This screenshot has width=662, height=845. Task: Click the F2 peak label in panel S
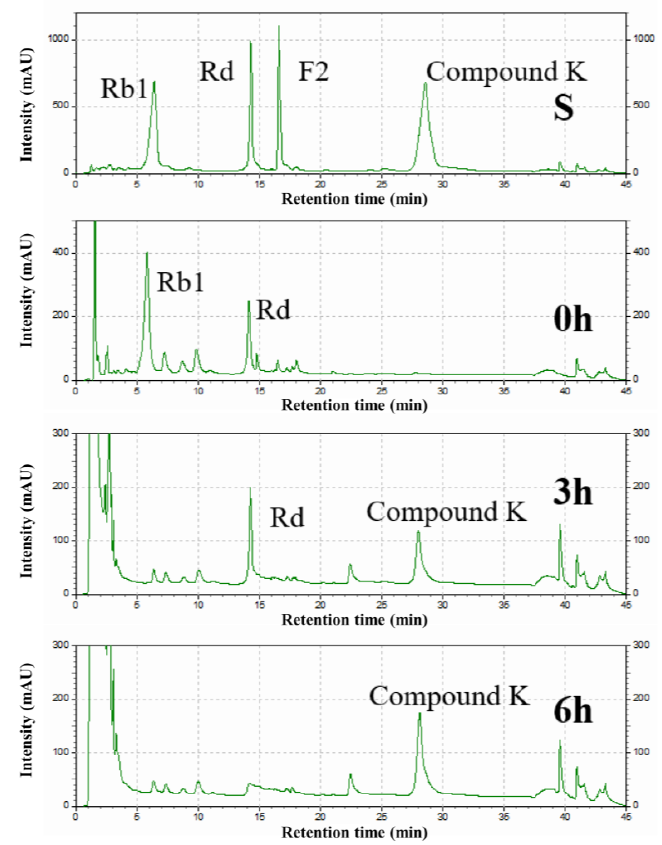pyautogui.click(x=313, y=72)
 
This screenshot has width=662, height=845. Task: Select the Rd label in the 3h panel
pyautogui.click(x=287, y=517)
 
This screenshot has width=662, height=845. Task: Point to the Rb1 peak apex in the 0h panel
pyautogui.click(x=147, y=253)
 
